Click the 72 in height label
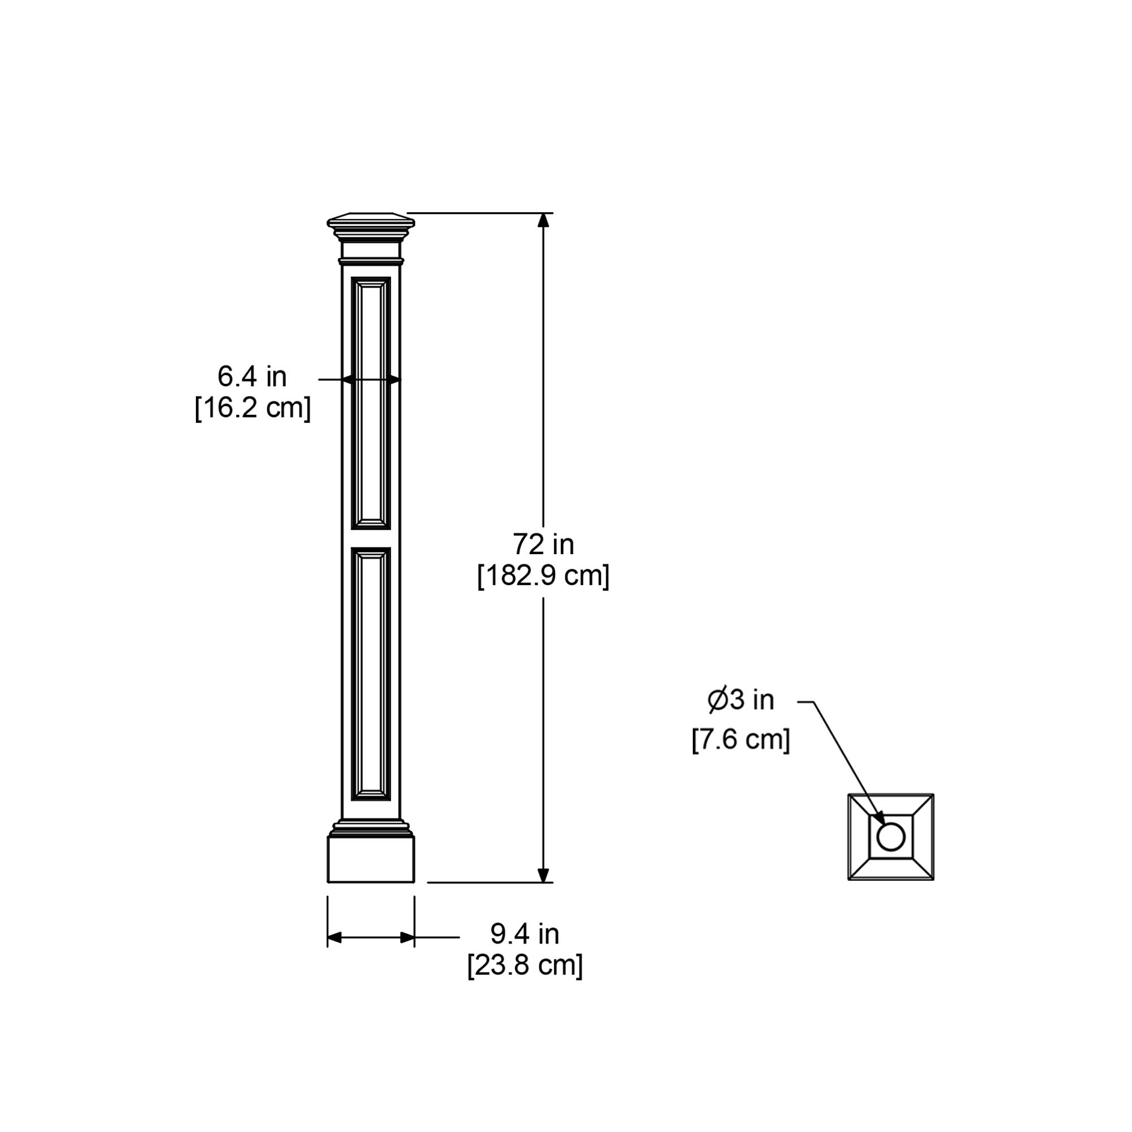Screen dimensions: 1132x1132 (543, 544)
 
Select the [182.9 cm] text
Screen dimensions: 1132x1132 (543, 576)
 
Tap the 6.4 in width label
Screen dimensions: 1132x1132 (252, 377)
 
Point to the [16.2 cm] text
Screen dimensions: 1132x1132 (252, 407)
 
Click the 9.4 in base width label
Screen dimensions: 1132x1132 (525, 934)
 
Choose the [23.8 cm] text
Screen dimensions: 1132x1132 (525, 965)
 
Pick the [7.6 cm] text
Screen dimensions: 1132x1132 (740, 739)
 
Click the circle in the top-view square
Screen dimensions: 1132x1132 (890, 837)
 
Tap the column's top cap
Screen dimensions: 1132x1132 (371, 222)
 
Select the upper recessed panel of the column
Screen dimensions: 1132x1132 (371, 403)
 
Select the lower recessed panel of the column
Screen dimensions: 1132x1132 (371, 674)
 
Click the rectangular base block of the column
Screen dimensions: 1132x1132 (371, 859)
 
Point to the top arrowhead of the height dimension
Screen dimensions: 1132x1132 (543, 220)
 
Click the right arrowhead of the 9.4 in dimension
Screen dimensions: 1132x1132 (407, 937)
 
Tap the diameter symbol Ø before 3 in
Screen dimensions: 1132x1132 (718, 700)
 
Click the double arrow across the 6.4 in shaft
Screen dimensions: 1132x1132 (371, 380)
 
